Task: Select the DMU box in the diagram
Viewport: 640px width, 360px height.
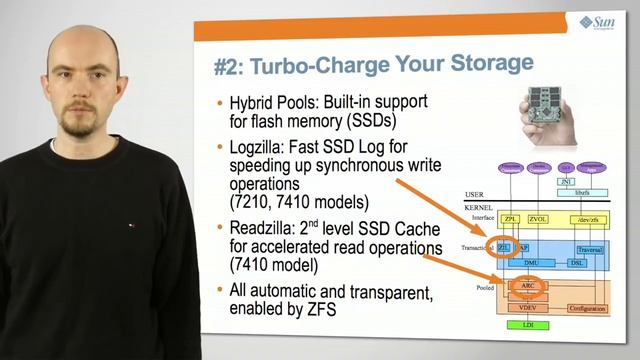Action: coord(531,262)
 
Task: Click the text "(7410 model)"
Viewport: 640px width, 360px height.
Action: coord(273,267)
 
